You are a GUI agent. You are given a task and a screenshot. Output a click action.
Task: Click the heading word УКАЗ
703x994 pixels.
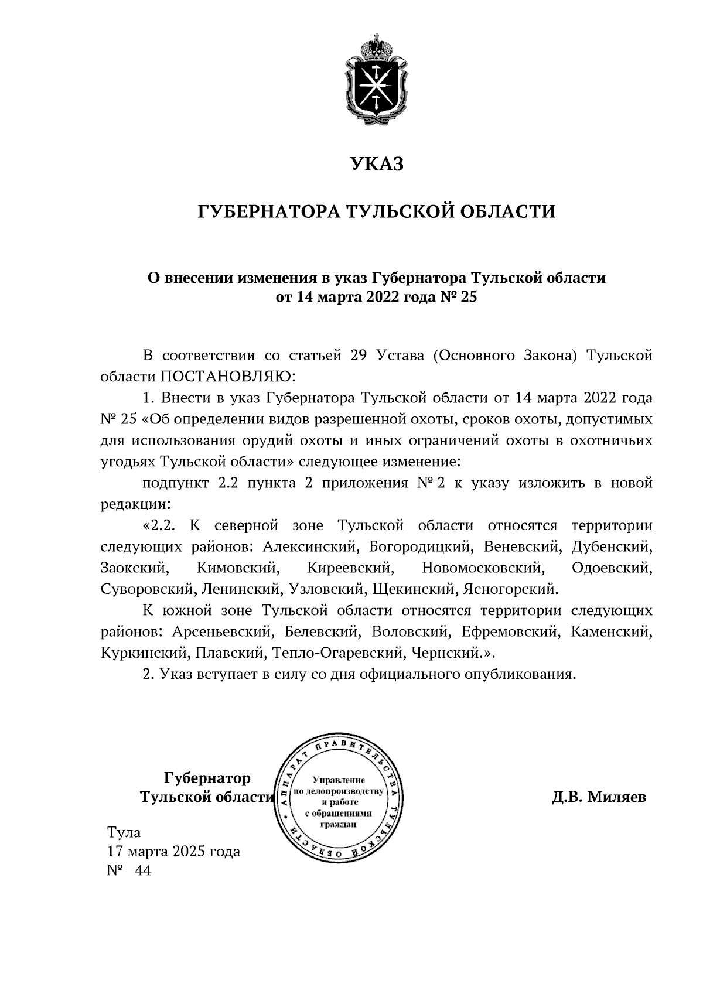tap(377, 164)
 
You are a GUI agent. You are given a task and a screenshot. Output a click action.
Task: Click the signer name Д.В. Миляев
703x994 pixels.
tap(598, 797)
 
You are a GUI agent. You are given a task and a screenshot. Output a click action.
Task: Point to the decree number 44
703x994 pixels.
tap(142, 871)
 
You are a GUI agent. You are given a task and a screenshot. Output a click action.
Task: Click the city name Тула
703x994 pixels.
tap(124, 832)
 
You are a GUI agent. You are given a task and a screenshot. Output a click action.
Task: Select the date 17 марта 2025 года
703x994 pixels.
tap(173, 852)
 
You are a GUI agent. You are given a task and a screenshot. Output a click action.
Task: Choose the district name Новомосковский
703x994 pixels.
tap(481, 568)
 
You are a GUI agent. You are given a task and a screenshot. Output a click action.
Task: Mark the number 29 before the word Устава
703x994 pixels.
tap(359, 356)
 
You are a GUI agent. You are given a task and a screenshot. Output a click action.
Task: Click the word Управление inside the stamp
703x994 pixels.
tap(339, 780)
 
